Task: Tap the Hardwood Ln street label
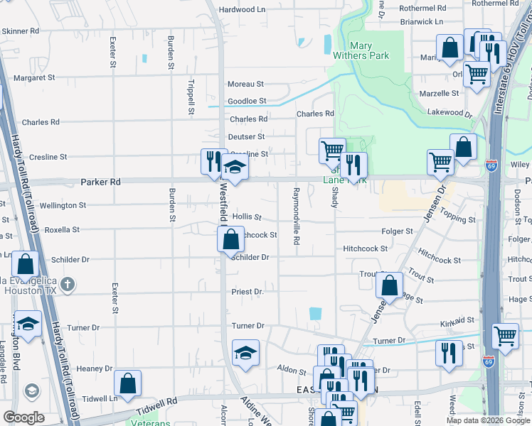tap(241, 10)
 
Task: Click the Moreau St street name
tap(245, 84)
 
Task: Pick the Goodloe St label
tap(247, 102)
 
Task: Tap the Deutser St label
tap(246, 136)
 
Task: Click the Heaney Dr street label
tap(95, 368)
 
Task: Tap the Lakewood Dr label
tap(449, 112)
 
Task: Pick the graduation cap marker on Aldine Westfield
tap(245, 353)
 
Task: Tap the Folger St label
tap(398, 231)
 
